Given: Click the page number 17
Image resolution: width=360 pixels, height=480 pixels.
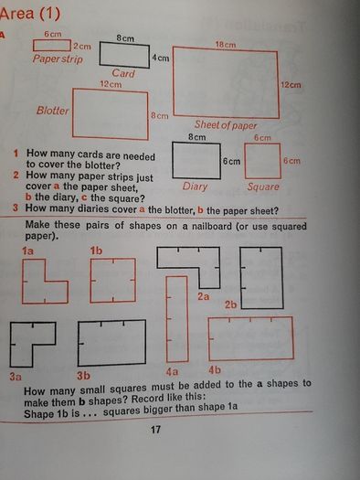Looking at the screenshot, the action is click(x=155, y=430).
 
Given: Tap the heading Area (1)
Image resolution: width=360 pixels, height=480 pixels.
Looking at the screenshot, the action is click(x=30, y=14).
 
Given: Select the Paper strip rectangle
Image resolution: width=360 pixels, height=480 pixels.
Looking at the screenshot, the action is click(x=52, y=46).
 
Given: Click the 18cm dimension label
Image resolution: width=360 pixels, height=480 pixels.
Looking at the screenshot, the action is click(x=226, y=45).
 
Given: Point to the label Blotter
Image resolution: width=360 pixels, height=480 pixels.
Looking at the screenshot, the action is click(x=53, y=111).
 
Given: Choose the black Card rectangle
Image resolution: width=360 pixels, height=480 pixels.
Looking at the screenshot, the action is click(x=124, y=55).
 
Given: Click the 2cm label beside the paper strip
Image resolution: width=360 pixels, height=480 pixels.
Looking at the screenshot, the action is click(x=82, y=47).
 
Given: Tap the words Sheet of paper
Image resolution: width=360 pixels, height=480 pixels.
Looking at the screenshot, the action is click(x=226, y=125).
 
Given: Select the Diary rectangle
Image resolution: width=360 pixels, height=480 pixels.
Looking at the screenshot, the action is click(x=196, y=161).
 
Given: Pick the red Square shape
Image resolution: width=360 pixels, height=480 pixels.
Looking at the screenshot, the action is click(x=263, y=161).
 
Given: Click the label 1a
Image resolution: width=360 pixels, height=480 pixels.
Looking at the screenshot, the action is click(x=27, y=251).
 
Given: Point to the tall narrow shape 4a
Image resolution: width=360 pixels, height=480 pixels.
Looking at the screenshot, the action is click(x=177, y=319).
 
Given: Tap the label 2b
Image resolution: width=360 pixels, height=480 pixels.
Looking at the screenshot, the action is click(x=231, y=304).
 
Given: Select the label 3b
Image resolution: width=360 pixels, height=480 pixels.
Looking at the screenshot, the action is click(x=83, y=376).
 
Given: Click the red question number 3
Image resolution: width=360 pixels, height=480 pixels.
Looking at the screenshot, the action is click(x=16, y=208).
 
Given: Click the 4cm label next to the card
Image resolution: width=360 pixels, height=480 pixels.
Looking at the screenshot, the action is click(x=161, y=58).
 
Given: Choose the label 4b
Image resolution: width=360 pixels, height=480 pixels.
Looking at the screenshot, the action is click(x=215, y=370).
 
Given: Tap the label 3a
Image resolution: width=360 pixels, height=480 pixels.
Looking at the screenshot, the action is click(x=16, y=376).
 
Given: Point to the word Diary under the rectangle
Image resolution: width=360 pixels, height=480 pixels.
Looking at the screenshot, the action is click(x=195, y=187).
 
